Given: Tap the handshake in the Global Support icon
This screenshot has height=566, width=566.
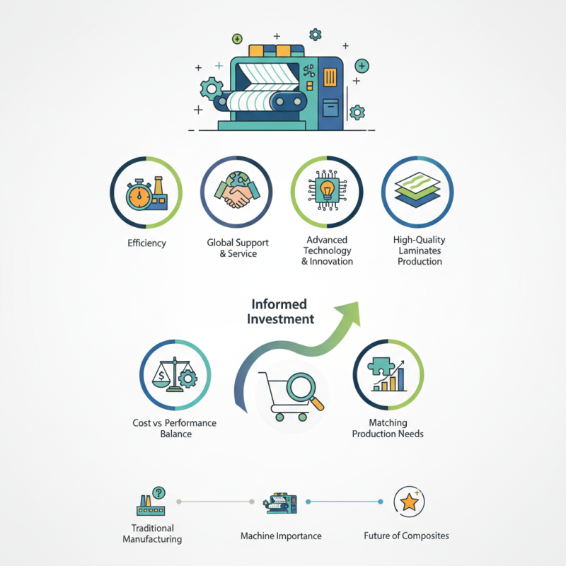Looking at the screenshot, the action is (237, 195).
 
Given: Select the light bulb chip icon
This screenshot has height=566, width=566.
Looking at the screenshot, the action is (327, 190).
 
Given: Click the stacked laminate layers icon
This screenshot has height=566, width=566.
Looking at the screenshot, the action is (417, 190).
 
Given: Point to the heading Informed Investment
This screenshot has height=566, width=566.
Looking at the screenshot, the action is (280, 311).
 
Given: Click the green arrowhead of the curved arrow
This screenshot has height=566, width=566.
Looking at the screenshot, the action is (349, 313).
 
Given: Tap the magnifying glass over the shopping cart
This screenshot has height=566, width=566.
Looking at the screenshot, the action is (304, 391).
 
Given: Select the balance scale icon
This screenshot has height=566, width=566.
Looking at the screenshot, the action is (175, 375).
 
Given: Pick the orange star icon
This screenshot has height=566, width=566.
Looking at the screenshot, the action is (409, 502).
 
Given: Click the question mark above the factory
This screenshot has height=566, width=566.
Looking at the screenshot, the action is (158, 492).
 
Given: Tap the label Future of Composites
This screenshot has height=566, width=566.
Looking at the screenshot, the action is (406, 536).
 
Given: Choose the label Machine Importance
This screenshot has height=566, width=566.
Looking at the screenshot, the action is (281, 536).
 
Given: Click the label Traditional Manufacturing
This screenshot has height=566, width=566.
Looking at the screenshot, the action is (152, 533).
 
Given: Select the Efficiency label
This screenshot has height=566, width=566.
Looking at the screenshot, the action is (146, 243).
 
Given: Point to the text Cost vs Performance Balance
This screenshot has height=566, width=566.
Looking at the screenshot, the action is (175, 428).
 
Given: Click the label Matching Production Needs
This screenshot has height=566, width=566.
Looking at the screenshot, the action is (388, 428).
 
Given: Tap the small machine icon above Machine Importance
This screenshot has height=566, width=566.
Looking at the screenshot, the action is (280, 502).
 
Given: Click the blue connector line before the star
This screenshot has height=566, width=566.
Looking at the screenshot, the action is (344, 502).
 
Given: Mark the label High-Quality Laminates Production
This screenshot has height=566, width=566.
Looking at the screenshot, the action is (419, 250).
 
